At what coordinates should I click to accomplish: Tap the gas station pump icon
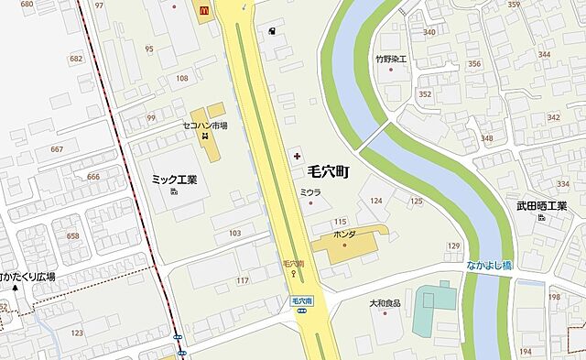[x=272, y=30]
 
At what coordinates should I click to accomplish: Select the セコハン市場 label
[x=205, y=125]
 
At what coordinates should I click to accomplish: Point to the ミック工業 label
[x=174, y=180]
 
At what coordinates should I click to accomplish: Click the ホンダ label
[x=344, y=235]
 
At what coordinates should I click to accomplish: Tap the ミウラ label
[x=310, y=191]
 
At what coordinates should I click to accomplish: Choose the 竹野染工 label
[x=390, y=60]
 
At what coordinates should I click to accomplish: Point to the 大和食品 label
[x=385, y=301]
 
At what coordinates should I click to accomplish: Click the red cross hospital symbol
[x=295, y=157]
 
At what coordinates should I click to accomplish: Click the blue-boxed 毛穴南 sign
[x=303, y=300]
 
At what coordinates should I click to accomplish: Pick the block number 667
[x=57, y=149]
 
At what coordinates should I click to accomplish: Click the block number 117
[x=243, y=280]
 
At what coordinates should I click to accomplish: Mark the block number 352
[x=424, y=93]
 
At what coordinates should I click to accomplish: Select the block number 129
[x=453, y=245]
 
